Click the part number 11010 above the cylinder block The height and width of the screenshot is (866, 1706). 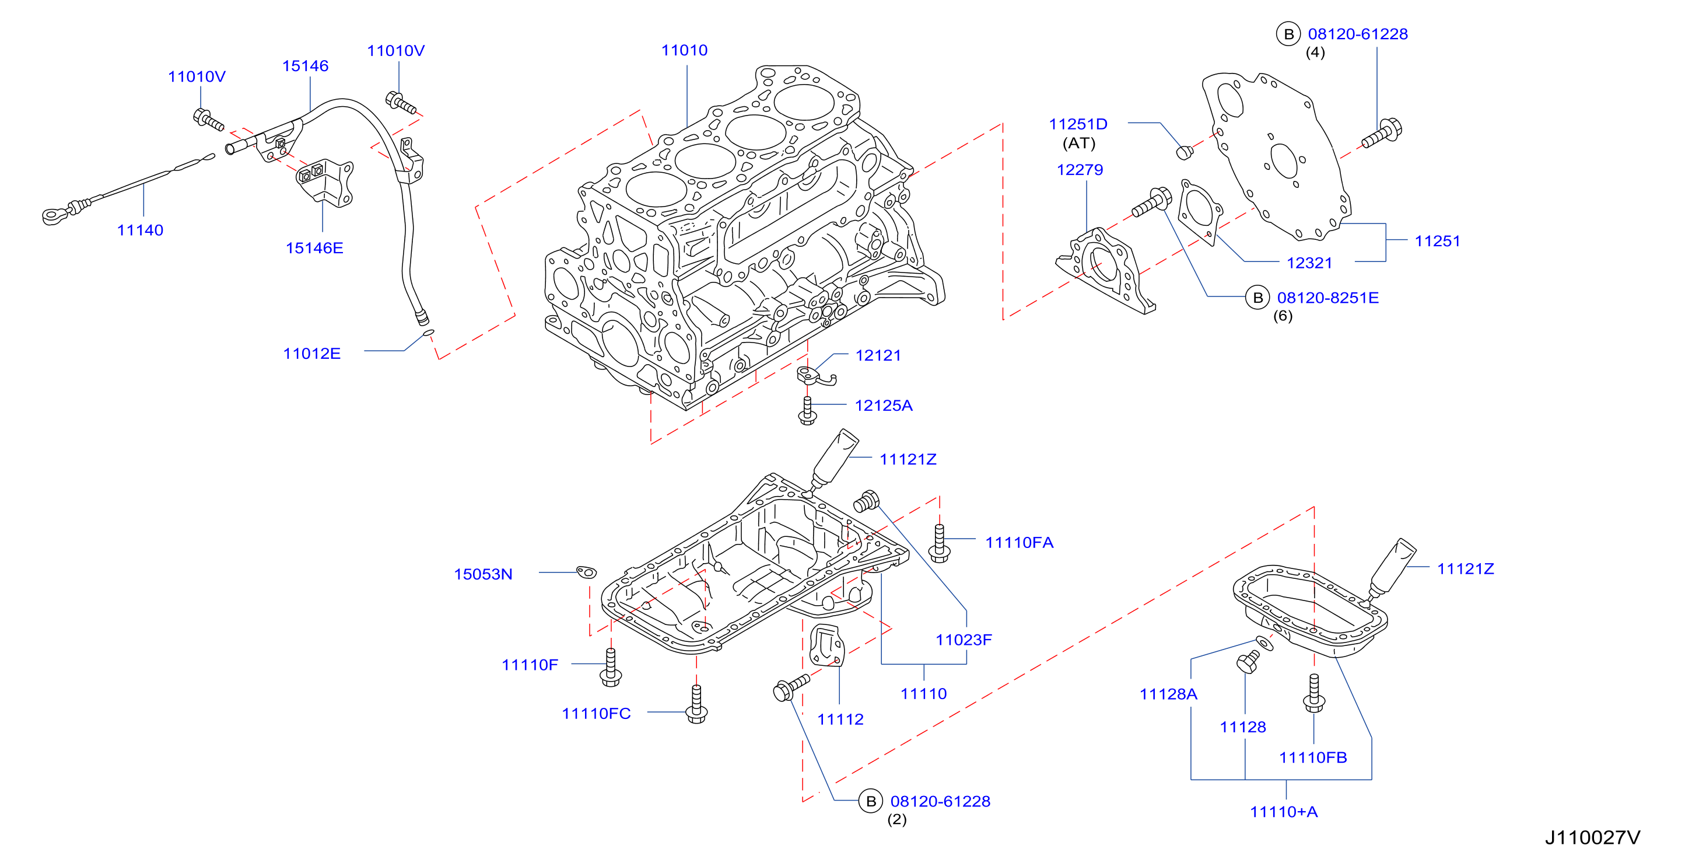click(684, 50)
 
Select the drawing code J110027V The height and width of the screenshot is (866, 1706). click(1593, 837)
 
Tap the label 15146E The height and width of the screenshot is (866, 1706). click(314, 248)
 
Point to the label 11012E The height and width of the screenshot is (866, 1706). click(311, 353)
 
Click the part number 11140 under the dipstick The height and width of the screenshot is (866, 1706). click(140, 230)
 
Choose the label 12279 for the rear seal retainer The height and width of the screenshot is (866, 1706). click(1080, 170)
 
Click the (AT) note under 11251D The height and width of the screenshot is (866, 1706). click(1079, 143)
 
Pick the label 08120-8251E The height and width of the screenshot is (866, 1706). click(1328, 298)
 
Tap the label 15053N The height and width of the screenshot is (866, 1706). click(483, 574)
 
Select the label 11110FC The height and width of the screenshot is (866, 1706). click(596, 713)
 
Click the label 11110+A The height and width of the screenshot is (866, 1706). click(1284, 812)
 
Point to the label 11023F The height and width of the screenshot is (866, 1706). click(964, 640)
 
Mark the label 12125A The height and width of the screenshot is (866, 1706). click(884, 405)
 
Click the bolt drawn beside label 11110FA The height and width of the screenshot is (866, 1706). click(940, 543)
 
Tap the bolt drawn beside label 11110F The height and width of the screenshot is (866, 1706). click(611, 667)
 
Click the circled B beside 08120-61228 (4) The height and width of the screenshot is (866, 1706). click(1288, 34)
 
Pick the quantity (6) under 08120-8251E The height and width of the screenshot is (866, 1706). click(1283, 316)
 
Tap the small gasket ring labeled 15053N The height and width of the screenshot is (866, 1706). click(586, 572)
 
